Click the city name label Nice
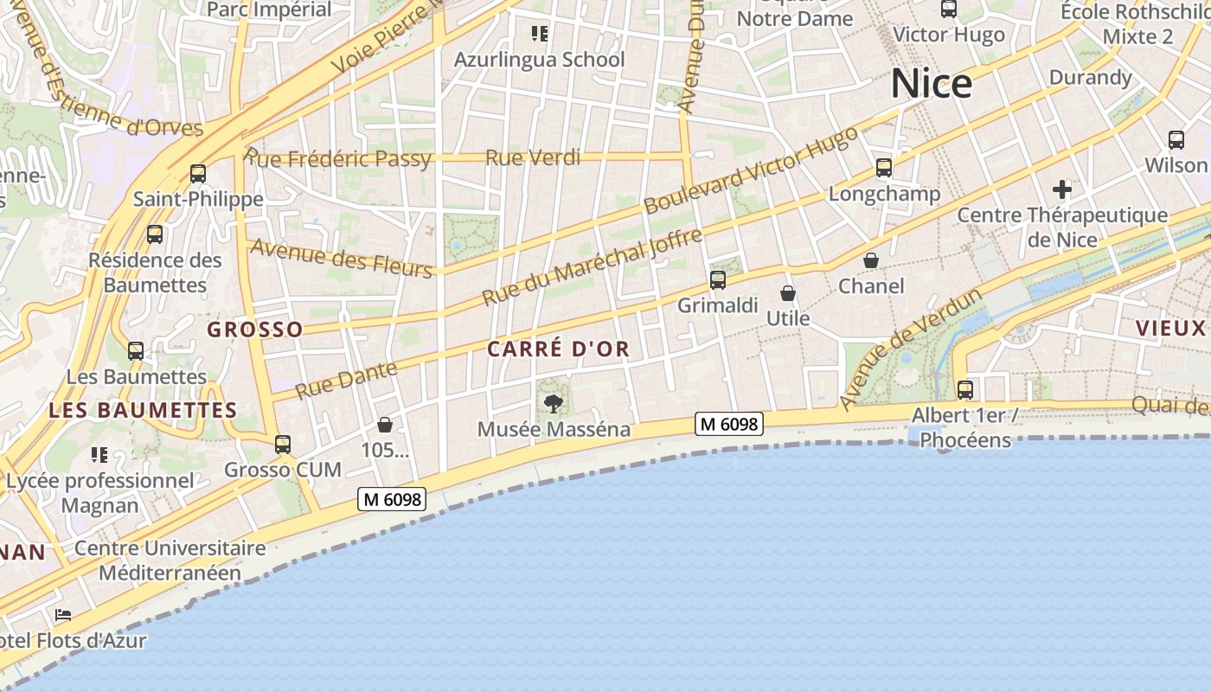point(932,84)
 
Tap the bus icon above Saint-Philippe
point(198,174)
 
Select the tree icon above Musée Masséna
point(553,403)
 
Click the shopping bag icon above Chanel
point(871,260)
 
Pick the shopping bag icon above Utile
point(787,293)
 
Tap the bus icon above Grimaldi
point(717,280)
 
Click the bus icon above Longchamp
point(883,168)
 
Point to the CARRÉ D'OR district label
point(558,349)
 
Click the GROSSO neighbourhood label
point(255,330)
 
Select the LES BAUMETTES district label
point(143,410)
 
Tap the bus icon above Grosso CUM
point(282,445)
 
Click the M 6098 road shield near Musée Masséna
point(729,424)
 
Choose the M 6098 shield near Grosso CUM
point(392,499)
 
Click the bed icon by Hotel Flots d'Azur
point(63,616)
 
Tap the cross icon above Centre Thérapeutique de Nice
point(1062,189)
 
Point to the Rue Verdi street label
point(533,158)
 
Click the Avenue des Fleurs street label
point(341,258)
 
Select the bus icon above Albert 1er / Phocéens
point(964,390)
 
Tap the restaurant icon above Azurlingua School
point(540,34)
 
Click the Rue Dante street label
point(346,380)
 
